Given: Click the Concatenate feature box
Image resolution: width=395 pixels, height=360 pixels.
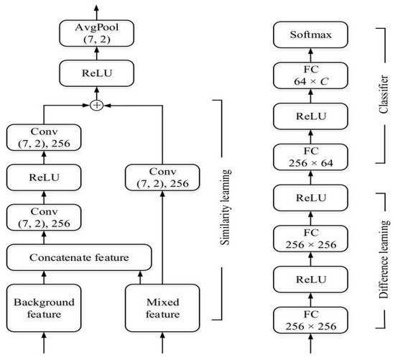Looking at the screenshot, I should tap(79, 257).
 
